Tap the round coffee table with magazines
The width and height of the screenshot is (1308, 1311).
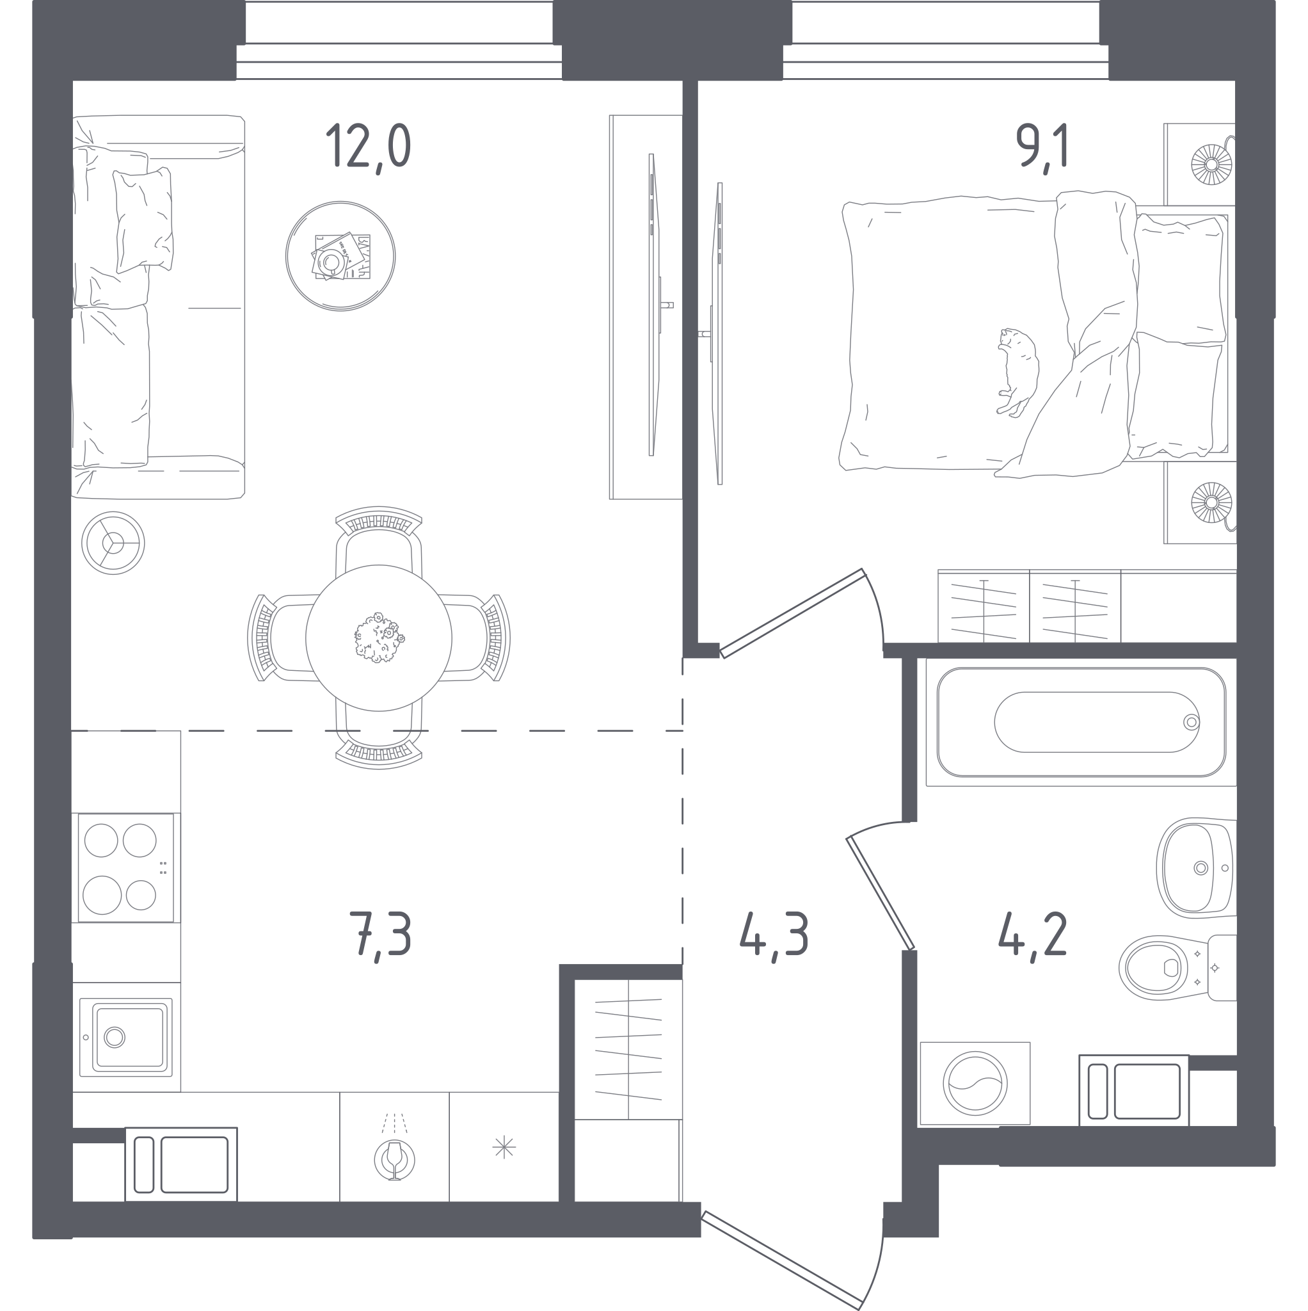tap(340, 257)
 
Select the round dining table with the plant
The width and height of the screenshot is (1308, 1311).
tap(379, 638)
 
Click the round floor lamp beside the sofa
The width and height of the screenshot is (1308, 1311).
tap(113, 543)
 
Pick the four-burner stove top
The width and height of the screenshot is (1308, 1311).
tap(126, 868)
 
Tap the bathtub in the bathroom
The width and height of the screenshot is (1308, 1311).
tap(1081, 722)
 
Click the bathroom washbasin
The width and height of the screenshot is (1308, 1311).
tap(1197, 868)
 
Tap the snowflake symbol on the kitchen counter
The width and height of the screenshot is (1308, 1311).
tap(504, 1148)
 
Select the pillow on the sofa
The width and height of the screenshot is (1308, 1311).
tap(144, 220)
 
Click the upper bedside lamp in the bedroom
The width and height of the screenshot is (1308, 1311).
tap(1211, 163)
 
